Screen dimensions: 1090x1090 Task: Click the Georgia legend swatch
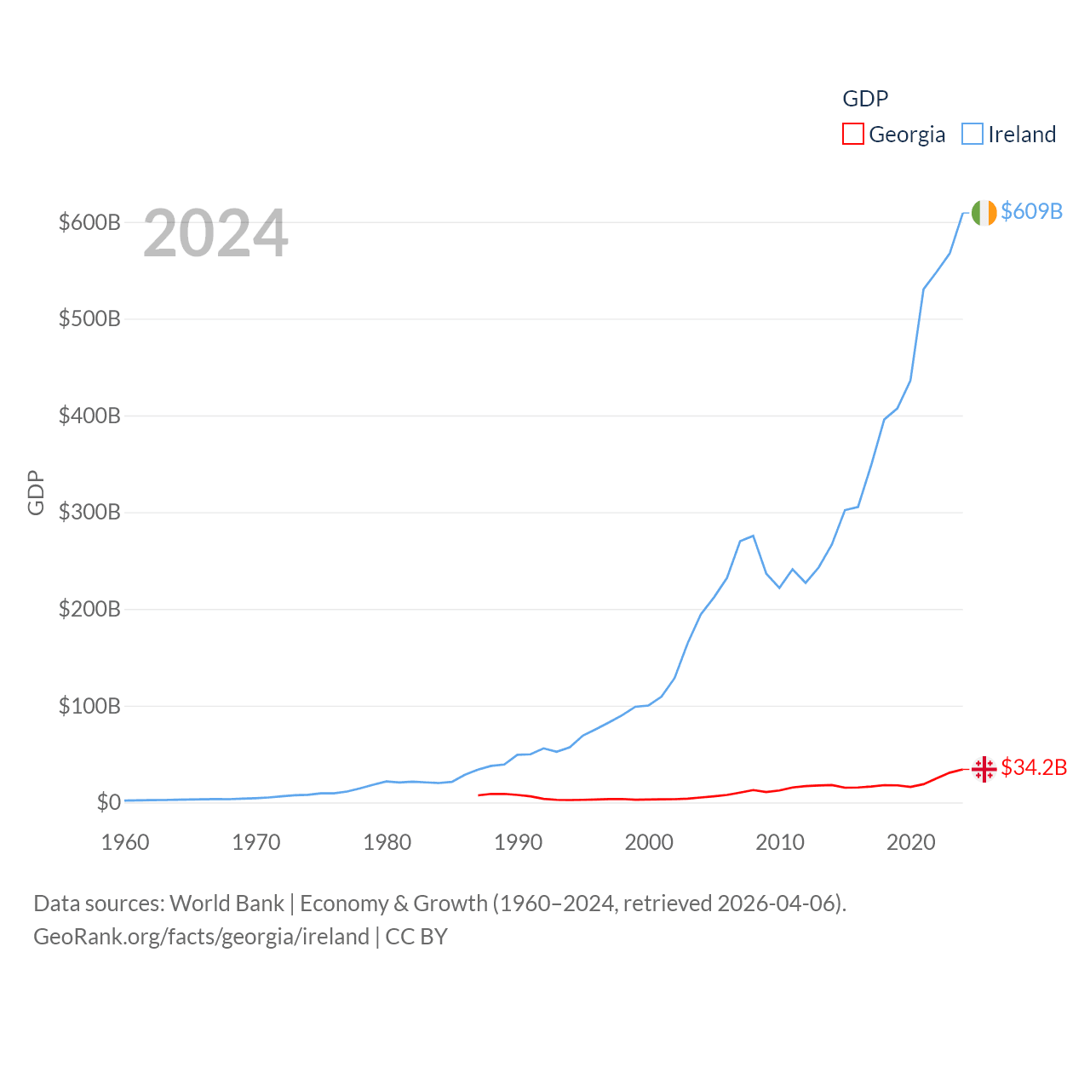click(x=852, y=135)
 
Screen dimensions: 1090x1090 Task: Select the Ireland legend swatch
click(x=972, y=135)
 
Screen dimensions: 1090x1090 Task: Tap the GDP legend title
click(x=865, y=99)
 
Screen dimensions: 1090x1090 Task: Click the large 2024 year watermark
click(x=215, y=233)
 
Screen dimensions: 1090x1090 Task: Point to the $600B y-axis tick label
click(x=89, y=222)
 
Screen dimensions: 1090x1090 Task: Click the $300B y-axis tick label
click(x=89, y=513)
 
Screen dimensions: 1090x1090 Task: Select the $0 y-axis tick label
click(x=108, y=802)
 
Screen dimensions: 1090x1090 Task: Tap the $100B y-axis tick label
click(x=89, y=706)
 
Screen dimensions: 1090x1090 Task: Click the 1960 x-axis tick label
click(x=125, y=842)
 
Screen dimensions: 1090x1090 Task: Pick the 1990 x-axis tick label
click(x=518, y=842)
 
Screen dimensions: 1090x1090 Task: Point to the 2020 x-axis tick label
click(x=911, y=842)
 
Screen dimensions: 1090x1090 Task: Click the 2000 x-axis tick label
click(x=649, y=842)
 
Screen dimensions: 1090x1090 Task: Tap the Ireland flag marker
click(x=984, y=213)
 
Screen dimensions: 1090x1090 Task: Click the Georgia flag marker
click(x=984, y=769)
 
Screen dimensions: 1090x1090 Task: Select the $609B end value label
click(x=1031, y=211)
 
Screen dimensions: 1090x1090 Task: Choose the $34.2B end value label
click(x=1034, y=767)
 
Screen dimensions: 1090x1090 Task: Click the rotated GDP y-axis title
click(x=36, y=492)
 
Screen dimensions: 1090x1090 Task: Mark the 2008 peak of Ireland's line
click(x=754, y=536)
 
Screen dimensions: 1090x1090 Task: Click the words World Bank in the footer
click(x=227, y=903)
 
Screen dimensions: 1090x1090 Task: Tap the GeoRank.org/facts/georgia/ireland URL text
click(x=201, y=937)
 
